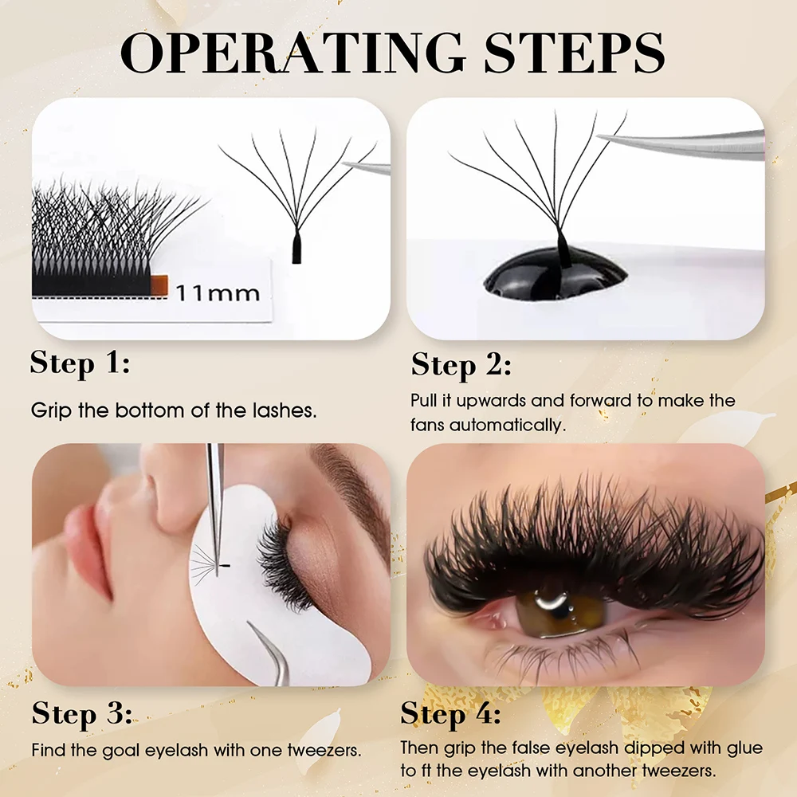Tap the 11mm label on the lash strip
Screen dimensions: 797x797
coord(218,292)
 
